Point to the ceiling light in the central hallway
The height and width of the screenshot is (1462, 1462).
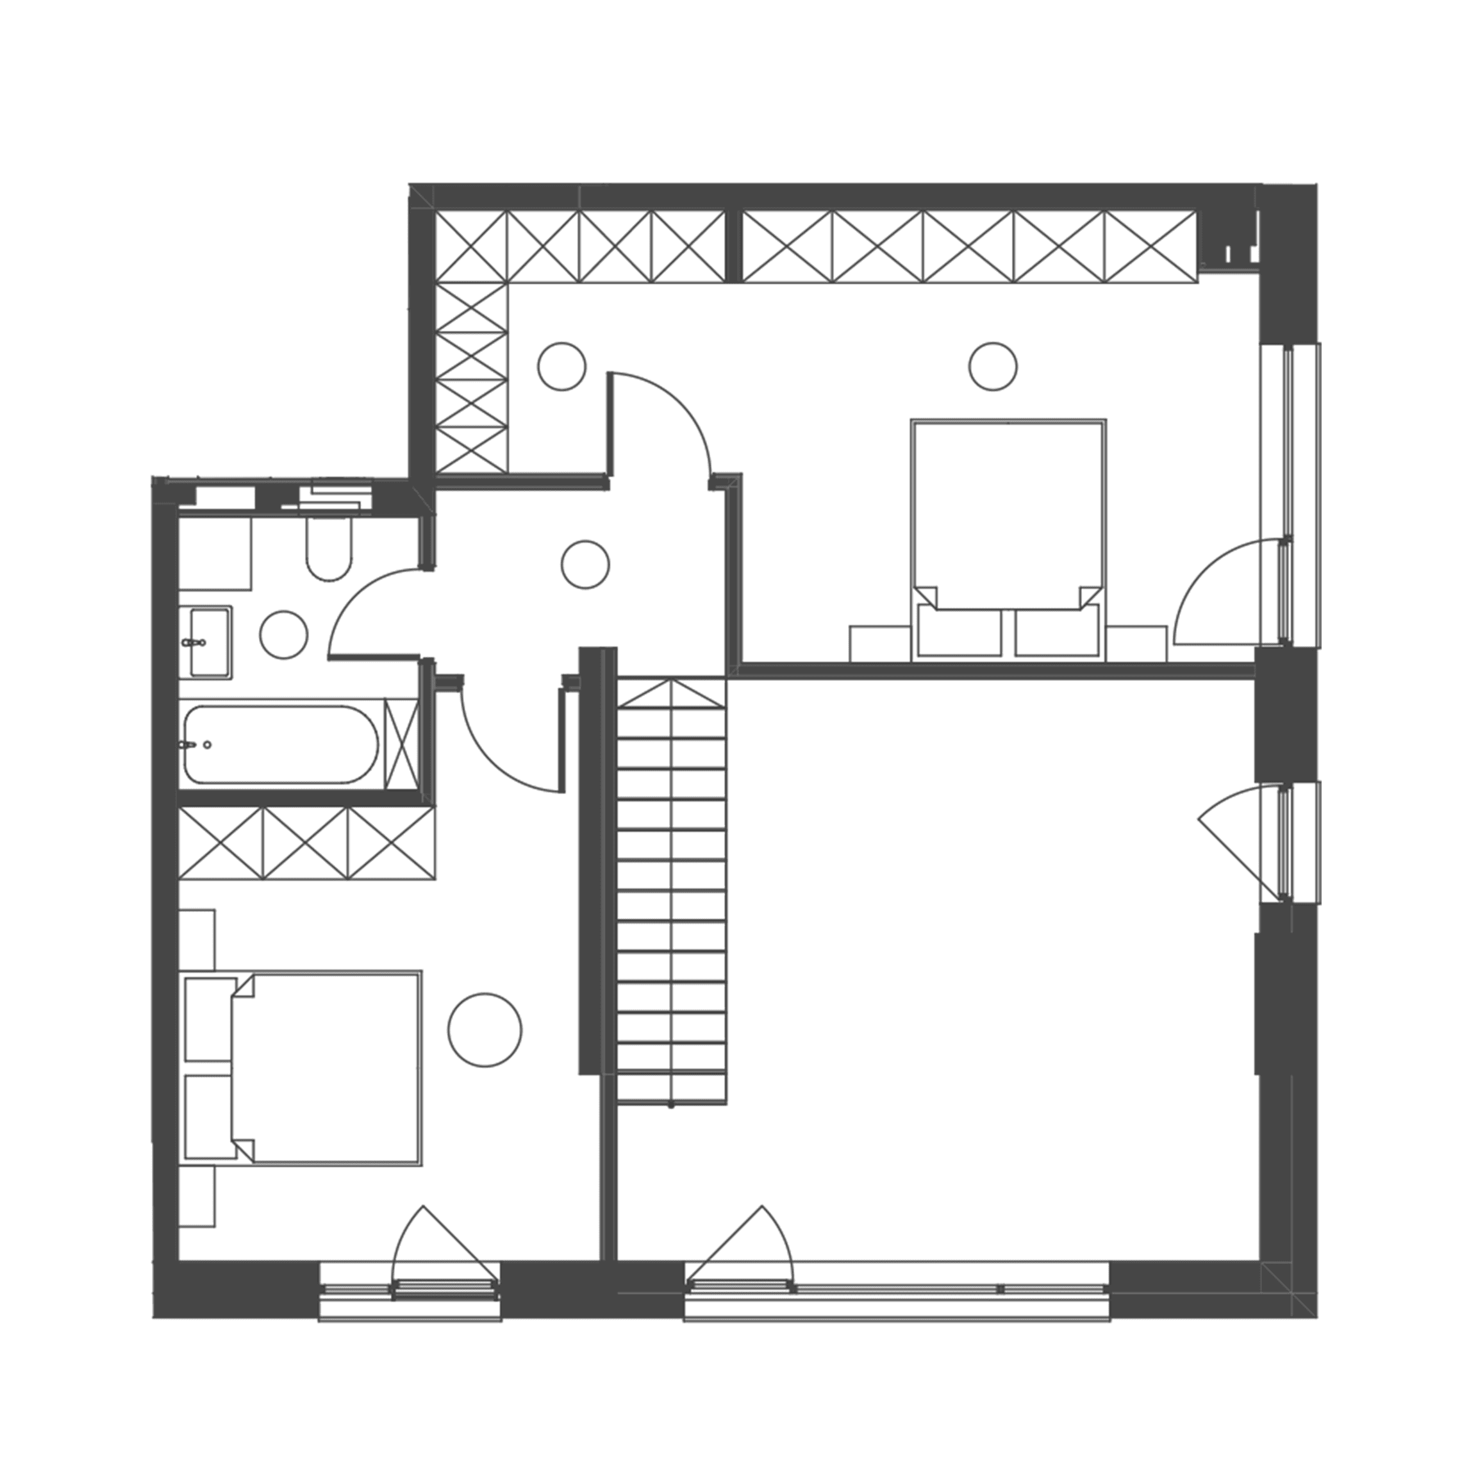tap(585, 564)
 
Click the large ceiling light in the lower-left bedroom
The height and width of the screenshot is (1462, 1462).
tap(485, 1030)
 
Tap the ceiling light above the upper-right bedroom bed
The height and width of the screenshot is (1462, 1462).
tap(993, 367)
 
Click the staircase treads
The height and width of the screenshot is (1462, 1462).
tap(671, 893)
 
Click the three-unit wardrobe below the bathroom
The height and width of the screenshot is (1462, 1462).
tap(306, 843)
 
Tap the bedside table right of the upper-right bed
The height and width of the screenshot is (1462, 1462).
tap(1136, 644)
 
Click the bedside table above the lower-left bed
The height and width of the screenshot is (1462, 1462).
tap(197, 939)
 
